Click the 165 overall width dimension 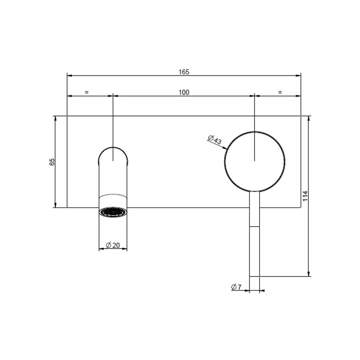(183, 72)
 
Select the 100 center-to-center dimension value (183, 92)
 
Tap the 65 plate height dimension (52, 162)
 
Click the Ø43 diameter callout (215, 140)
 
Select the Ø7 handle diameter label (236, 287)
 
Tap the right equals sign (280, 92)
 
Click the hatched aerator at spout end (113, 212)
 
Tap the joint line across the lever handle (255, 227)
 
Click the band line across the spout (113, 195)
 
